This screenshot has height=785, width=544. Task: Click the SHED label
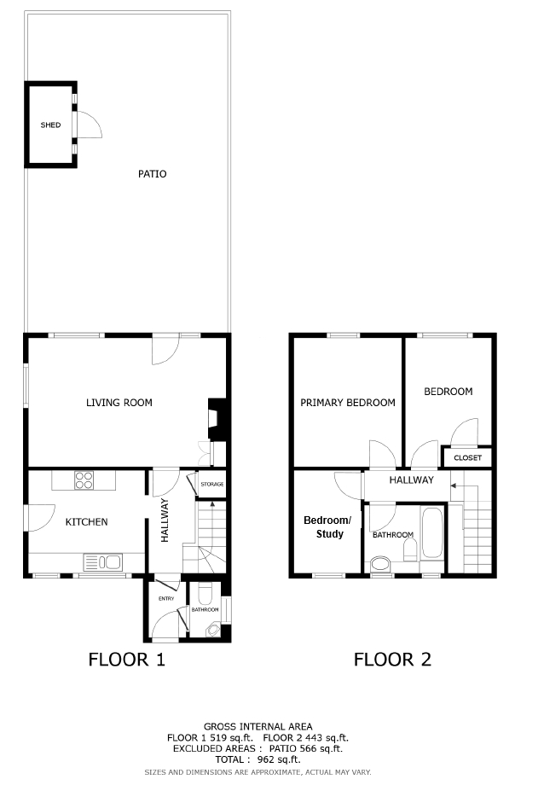pyautogui.click(x=50, y=125)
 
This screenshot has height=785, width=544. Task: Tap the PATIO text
pyautogui.click(x=152, y=174)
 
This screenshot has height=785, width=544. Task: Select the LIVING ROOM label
pyautogui.click(x=119, y=403)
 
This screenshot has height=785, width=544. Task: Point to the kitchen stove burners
pyautogui.click(x=84, y=480)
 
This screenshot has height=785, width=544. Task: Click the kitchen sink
pyautogui.click(x=102, y=562)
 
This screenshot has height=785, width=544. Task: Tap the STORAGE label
pyautogui.click(x=212, y=484)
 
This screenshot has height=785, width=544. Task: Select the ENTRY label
pyautogui.click(x=166, y=598)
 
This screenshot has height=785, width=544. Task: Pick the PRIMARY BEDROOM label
pyautogui.click(x=348, y=403)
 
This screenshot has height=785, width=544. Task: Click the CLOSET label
pyautogui.click(x=467, y=457)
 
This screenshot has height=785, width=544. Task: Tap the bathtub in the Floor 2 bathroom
pyautogui.click(x=432, y=532)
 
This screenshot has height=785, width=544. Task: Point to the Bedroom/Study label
pyautogui.click(x=327, y=527)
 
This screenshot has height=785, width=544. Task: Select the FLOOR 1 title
pyautogui.click(x=126, y=660)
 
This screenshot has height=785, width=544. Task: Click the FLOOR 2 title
pyautogui.click(x=392, y=660)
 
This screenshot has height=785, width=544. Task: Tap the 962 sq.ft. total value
pyautogui.click(x=279, y=759)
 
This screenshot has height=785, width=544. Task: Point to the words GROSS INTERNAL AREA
pyautogui.click(x=258, y=726)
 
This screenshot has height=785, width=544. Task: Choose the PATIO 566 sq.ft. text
pyautogui.click(x=306, y=748)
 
